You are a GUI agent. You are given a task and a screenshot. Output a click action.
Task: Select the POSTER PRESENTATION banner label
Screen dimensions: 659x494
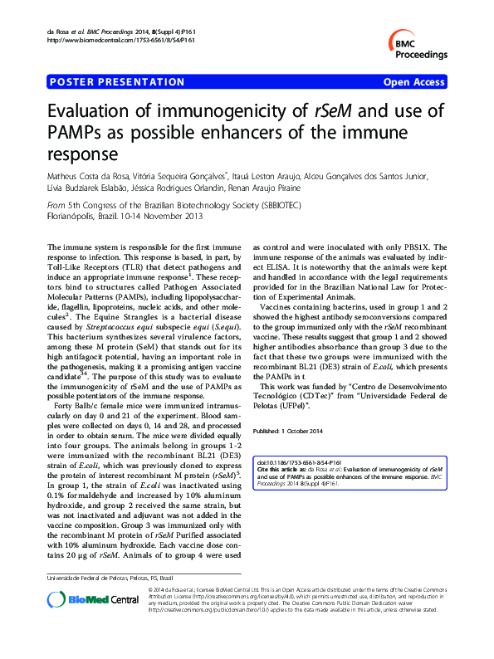pyautogui.click(x=117, y=82)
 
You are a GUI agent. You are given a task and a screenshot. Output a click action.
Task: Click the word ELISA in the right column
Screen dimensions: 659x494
pyautogui.click(x=268, y=257)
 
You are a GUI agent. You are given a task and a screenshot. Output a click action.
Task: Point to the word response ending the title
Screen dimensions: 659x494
pyautogui.click(x=80, y=154)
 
